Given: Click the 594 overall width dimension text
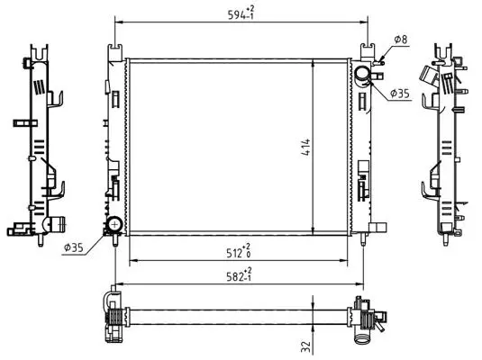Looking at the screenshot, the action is point(241,13).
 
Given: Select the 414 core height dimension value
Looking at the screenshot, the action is point(305,148).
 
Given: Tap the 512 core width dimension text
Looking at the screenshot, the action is point(238,251).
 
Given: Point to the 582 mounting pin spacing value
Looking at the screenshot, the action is point(239,275).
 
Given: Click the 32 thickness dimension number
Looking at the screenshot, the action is point(305,346).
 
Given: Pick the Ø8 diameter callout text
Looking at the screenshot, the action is point(401,40).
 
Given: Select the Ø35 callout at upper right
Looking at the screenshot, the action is point(400,94).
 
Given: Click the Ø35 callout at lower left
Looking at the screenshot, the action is point(74,247).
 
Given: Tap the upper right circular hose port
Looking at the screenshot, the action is point(362,75).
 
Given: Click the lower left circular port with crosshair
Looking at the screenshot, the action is point(115,223).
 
